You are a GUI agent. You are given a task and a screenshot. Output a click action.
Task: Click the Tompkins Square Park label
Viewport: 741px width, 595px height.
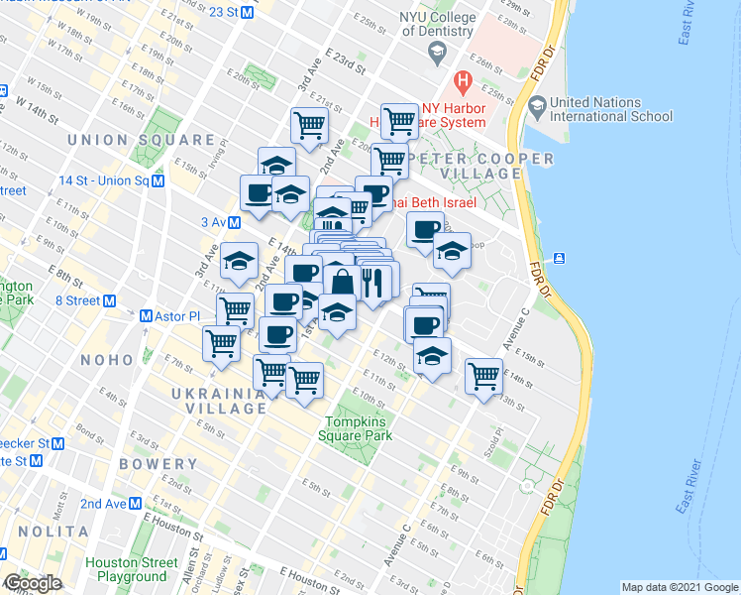pyautogui.click(x=357, y=428)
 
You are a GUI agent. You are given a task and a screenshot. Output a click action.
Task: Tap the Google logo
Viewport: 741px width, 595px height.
pyautogui.click(x=33, y=583)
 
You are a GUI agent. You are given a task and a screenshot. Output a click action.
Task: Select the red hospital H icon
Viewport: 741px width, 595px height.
pyautogui.click(x=462, y=81)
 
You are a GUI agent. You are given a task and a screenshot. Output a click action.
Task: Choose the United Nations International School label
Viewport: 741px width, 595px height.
pyautogui.click(x=611, y=109)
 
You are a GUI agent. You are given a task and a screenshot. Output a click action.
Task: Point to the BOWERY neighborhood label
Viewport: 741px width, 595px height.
pyautogui.click(x=159, y=464)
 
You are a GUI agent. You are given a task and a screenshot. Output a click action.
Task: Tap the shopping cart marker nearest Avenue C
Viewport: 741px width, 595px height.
pyautogui.click(x=482, y=375)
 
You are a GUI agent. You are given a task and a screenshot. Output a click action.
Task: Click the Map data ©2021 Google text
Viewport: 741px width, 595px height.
pyautogui.click(x=678, y=587)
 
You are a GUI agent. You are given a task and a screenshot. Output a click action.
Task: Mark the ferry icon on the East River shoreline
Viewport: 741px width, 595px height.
pyautogui.click(x=561, y=258)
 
